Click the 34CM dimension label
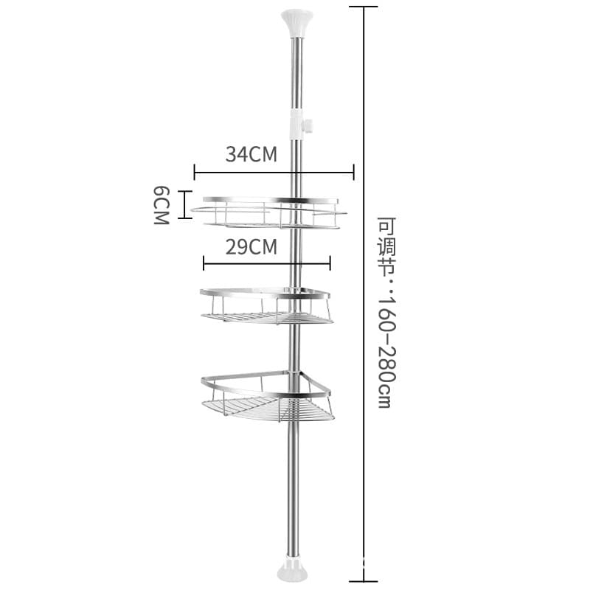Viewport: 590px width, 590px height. [251, 154]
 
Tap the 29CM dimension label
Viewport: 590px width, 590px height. [251, 247]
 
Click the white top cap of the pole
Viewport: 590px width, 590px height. [296, 24]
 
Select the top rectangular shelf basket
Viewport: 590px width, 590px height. [269, 212]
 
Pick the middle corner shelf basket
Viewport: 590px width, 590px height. [266, 306]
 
